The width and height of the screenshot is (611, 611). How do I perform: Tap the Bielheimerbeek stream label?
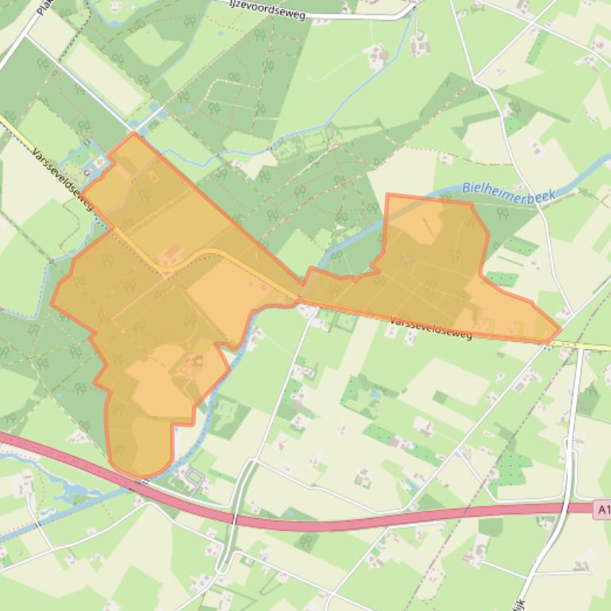(x=509, y=190)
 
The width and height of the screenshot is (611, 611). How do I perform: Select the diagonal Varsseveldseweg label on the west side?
(x=63, y=179)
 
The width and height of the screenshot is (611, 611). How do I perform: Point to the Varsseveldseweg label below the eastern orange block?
(x=431, y=328)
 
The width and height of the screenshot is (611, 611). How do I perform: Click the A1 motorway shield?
(x=602, y=509)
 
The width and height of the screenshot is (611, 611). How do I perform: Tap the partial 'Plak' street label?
(x=44, y=8)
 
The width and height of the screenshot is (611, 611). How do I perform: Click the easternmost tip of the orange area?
(x=560, y=329)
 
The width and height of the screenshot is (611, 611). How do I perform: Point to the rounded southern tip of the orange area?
(x=140, y=475)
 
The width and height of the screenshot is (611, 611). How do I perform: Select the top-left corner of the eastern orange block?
(x=387, y=194)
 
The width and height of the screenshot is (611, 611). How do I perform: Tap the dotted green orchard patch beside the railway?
(x=509, y=468)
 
